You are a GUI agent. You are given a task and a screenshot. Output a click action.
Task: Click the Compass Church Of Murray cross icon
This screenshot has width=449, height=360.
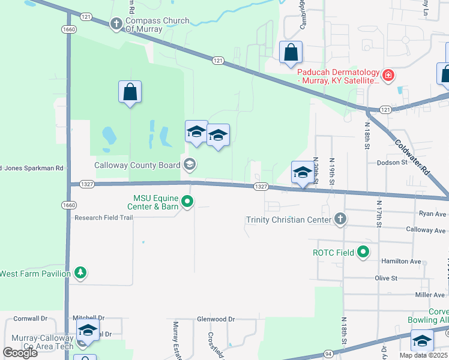point(116,25)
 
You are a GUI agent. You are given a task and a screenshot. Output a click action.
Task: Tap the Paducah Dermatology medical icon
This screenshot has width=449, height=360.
point(388,75)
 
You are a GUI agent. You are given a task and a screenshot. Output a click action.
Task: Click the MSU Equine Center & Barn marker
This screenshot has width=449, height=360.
point(188,202)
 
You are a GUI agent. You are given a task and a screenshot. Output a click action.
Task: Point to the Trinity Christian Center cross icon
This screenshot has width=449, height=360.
point(340,219)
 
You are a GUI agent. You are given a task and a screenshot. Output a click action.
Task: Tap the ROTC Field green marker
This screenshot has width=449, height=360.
point(363,253)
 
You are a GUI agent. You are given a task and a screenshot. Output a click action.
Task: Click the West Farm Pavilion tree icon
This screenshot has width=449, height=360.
point(80,274)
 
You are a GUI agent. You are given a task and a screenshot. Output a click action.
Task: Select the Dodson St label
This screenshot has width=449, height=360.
point(391,162)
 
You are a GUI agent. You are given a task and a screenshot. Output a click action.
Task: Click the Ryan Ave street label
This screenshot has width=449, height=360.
point(433,214)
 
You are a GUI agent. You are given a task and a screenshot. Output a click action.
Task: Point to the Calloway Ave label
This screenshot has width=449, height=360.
point(426,230)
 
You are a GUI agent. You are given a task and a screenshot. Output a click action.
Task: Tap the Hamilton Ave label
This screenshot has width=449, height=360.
point(402,262)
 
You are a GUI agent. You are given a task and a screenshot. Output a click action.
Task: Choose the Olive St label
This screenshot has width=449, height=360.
point(386,278)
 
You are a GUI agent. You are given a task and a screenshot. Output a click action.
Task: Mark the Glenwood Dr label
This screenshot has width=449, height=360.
point(215,319)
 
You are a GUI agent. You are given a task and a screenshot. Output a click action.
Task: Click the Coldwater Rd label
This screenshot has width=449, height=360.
point(412,158)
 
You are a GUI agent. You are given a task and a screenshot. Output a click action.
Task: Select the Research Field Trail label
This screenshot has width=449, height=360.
point(103,218)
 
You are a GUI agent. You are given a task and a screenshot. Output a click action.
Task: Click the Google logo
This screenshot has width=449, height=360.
point(20,353)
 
